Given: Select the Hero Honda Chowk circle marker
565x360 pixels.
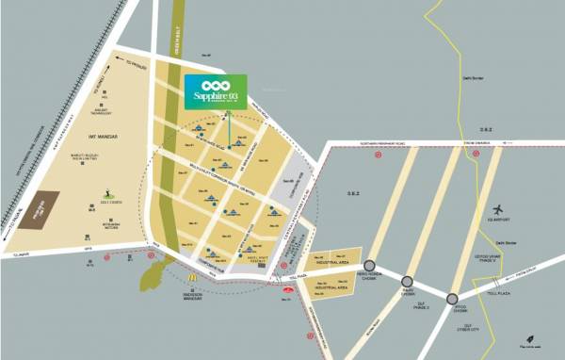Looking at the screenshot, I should coord(369,267).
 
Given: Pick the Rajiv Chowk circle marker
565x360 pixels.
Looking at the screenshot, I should coord(408,281).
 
